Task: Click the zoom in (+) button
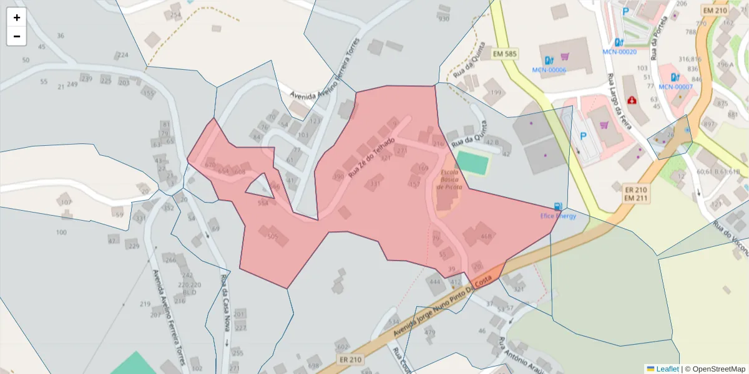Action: (x=17, y=17)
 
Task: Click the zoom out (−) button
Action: (x=17, y=36)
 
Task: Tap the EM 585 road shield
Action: (x=504, y=54)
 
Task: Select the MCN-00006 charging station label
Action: (x=549, y=70)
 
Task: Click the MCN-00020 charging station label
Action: (x=619, y=52)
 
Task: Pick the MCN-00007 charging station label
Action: (x=675, y=87)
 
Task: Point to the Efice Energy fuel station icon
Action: (x=557, y=206)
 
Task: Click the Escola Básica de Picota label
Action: (x=449, y=180)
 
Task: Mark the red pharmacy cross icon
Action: (x=632, y=100)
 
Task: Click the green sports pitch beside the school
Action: (x=472, y=163)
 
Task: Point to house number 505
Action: (x=273, y=236)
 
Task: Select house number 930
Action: (x=444, y=19)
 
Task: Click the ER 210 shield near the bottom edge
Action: (x=351, y=360)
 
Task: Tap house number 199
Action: (x=496, y=93)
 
